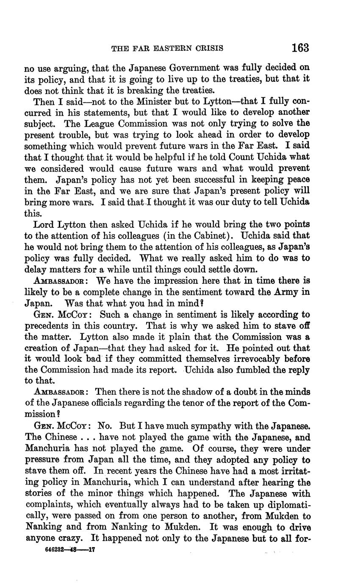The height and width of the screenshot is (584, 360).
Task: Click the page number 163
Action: tap(300, 47)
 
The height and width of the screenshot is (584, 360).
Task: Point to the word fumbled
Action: tap(242, 370)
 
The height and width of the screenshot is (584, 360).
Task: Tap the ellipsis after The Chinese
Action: tap(88, 437)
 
